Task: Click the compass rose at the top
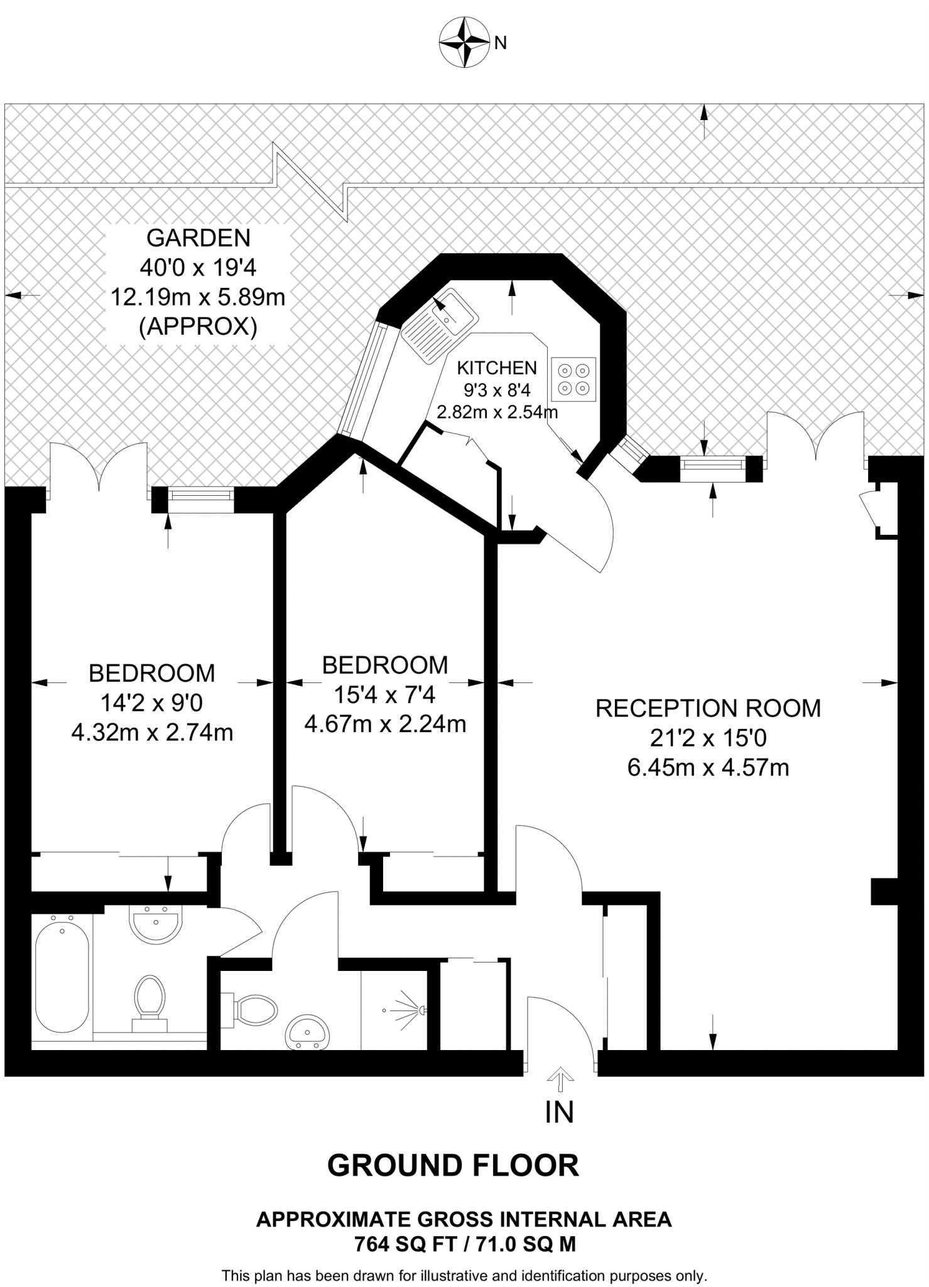(464, 43)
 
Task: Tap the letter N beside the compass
(501, 43)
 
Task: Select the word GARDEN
(198, 238)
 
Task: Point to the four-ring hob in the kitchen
(573, 380)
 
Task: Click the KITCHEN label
(496, 368)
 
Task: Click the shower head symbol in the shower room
(408, 1010)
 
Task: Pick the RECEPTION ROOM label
(708, 708)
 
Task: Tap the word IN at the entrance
(559, 1112)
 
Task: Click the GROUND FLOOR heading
(453, 1166)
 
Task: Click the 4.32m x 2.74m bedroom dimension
(152, 733)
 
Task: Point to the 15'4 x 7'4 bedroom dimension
(384, 695)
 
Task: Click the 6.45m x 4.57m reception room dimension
(708, 768)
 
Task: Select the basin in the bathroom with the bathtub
(155, 924)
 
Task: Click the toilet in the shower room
(254, 1009)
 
